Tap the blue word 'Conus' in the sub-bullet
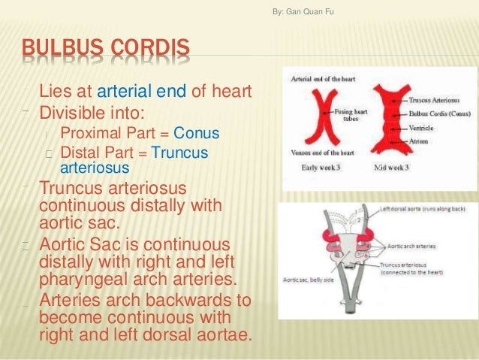pyautogui.click(x=196, y=134)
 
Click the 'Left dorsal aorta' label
pyautogui.click(x=422, y=209)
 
